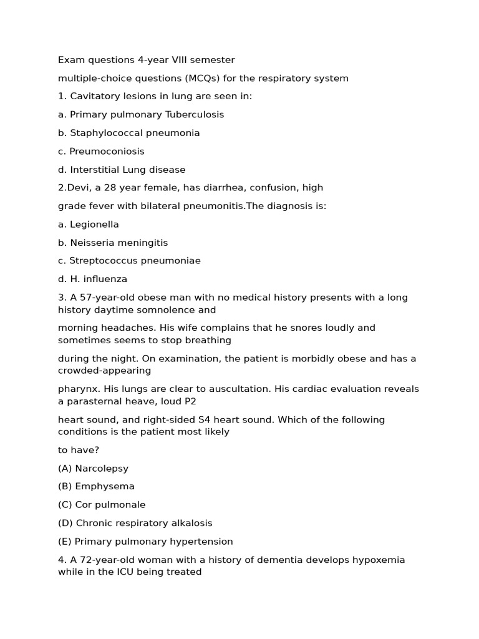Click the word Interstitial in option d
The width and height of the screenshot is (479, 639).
[x=95, y=169]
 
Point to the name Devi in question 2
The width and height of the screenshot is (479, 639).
[x=78, y=187]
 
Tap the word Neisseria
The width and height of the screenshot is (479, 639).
[x=91, y=242]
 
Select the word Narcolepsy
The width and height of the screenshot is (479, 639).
[x=102, y=468]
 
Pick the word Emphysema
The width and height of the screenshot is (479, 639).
[x=105, y=486]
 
